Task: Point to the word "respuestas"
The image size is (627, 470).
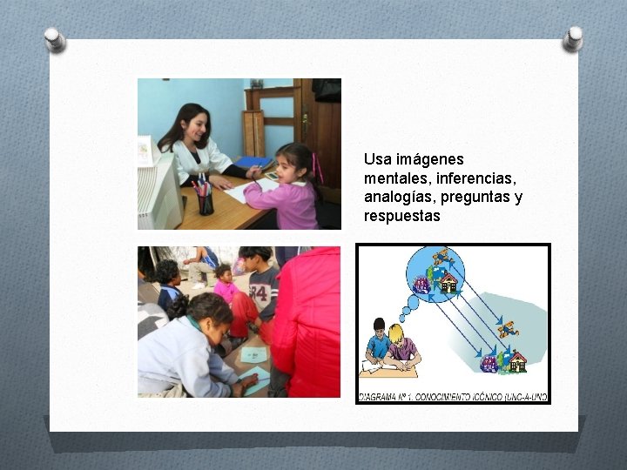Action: tap(402, 215)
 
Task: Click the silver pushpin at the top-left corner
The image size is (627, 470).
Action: tap(55, 38)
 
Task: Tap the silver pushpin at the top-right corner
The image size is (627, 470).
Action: tap(573, 37)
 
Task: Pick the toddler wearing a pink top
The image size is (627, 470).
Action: tap(226, 283)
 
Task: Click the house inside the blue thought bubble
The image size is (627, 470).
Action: tap(449, 282)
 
